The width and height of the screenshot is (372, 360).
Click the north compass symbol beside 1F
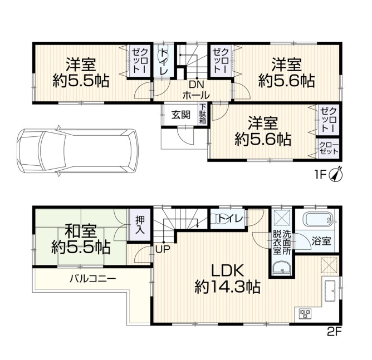point(336,175)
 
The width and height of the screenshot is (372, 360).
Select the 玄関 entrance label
point(181,115)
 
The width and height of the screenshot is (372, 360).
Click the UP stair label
point(163,249)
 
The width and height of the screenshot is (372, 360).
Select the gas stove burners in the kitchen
point(305,314)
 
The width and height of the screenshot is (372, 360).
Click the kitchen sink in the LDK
point(329,290)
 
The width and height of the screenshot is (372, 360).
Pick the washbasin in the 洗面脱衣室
point(282,269)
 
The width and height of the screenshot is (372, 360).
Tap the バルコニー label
point(93,278)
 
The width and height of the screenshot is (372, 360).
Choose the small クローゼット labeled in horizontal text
point(329,148)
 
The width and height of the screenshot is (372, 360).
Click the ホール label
point(196,95)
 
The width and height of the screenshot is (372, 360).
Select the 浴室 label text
point(321,241)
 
